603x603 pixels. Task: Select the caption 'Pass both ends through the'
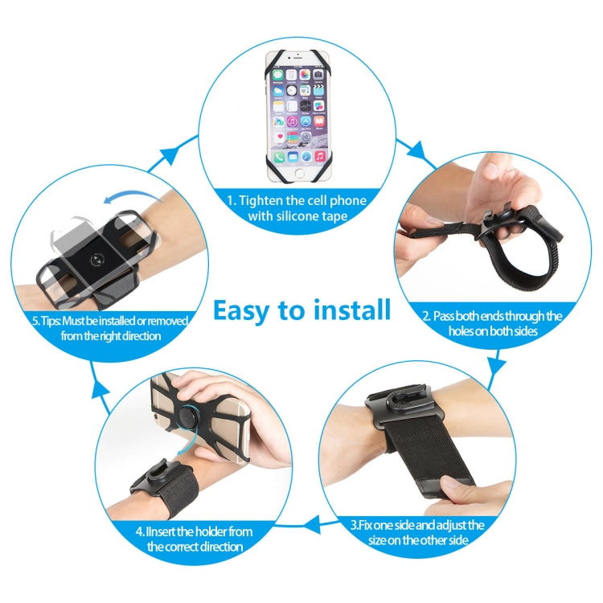493,315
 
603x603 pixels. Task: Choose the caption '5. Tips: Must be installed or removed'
109,321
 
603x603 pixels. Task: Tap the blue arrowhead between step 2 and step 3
498,363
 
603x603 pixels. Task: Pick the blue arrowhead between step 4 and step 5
100,392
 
